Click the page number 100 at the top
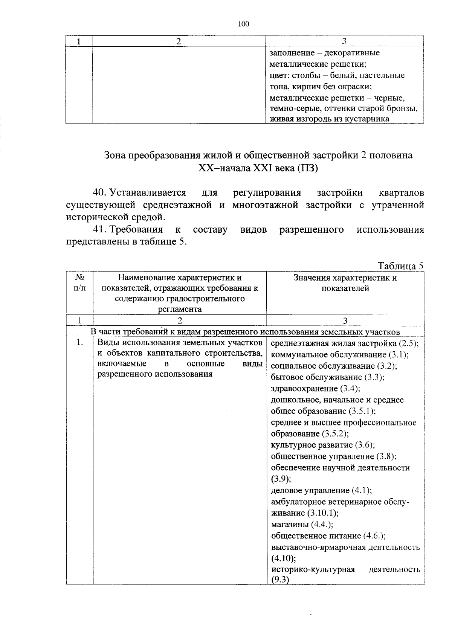click(243, 24)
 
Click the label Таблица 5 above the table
click(400, 265)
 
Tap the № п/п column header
click(79, 283)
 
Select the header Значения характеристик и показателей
click(345, 283)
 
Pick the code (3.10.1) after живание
click(322, 513)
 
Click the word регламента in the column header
click(179, 310)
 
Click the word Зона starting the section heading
click(115, 156)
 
